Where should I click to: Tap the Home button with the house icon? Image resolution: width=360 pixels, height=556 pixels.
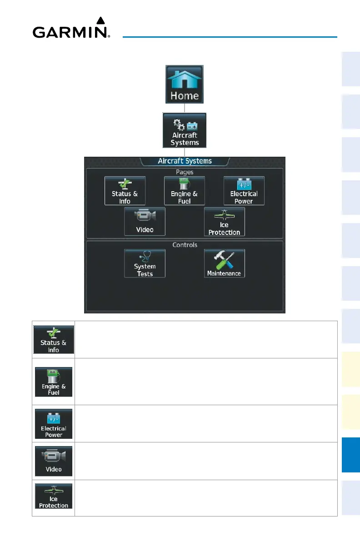coord(184,85)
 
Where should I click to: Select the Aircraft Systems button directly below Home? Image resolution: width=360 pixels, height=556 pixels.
coord(185,130)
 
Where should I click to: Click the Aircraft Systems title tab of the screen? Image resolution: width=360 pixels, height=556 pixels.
coord(185,161)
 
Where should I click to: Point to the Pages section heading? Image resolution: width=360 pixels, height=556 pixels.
coord(185,172)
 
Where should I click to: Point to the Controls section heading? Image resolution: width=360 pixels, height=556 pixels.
coord(185,245)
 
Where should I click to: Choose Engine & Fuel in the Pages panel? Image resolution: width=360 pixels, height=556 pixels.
coord(184,191)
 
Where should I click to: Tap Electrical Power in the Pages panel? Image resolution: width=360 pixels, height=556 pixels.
coord(244,191)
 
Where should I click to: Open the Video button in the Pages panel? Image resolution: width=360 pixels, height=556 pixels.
coord(145,222)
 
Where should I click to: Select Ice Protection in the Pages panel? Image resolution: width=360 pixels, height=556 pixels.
coord(224,222)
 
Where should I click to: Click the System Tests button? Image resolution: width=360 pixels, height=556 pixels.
coord(145,263)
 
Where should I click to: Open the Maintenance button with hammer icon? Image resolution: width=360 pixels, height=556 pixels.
coord(224,263)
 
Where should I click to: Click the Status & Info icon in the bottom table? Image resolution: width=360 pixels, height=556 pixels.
coord(54,339)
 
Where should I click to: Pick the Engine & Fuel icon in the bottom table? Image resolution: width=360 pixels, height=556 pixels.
coord(54,382)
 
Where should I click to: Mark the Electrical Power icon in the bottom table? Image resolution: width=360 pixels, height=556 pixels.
coord(54,424)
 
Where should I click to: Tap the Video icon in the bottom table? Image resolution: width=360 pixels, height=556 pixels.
coord(54,461)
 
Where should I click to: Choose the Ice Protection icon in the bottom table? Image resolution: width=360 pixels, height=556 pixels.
coord(54,496)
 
